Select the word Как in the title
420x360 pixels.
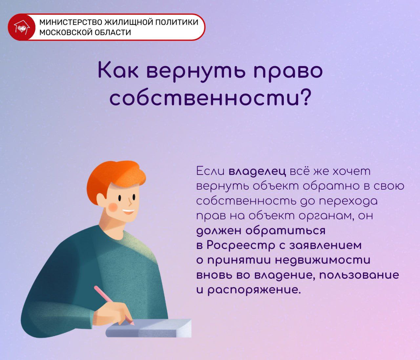point(118,71)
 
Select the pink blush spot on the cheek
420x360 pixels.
point(113,207)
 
